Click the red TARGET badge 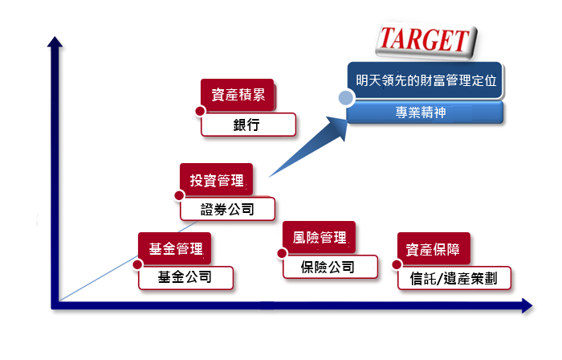(x=426, y=40)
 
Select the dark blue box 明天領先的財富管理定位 (x=425, y=80)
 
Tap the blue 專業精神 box (x=425, y=112)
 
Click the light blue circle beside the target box (x=346, y=98)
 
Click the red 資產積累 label (x=238, y=95)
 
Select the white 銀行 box (x=248, y=125)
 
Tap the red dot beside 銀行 (x=200, y=111)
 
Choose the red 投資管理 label (x=217, y=180)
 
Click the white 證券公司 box (x=227, y=209)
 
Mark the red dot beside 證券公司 (x=179, y=195)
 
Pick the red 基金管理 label (x=175, y=248)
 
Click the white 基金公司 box (x=185, y=277)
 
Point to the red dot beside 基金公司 (x=137, y=264)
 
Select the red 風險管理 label (x=320, y=237)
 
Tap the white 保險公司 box (x=330, y=267)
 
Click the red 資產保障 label (x=434, y=249)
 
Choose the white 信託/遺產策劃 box (x=454, y=278)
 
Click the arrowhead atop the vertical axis (x=55, y=42)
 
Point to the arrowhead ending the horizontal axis (x=527, y=306)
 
